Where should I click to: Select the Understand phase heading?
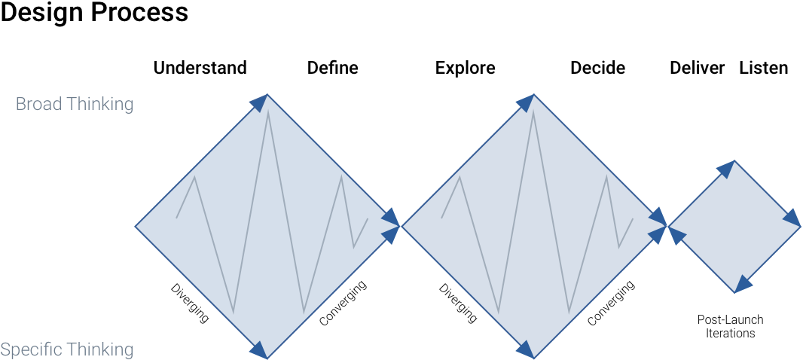[x=200, y=68]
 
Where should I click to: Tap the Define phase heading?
[x=332, y=68]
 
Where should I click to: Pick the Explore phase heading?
[x=465, y=68]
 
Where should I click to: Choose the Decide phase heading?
[x=597, y=68]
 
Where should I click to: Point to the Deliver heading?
[x=697, y=68]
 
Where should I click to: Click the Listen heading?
[x=763, y=68]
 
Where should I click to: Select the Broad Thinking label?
[x=75, y=104]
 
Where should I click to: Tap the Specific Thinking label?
[x=67, y=349]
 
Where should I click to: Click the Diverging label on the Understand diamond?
[x=190, y=303]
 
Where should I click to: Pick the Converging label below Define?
[x=343, y=303]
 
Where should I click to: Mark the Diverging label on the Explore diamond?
[x=458, y=303]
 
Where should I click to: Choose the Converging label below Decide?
[x=611, y=303]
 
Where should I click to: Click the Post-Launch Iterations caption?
[x=730, y=326]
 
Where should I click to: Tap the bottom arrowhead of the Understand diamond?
[x=259, y=349]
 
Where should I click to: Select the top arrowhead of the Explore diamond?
[x=526, y=102]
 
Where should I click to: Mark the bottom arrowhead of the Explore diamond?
[x=525, y=349]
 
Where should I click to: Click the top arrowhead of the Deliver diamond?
[x=726, y=169]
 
